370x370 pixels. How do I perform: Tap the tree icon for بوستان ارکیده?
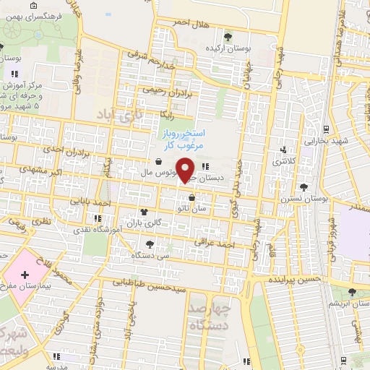click(228, 36)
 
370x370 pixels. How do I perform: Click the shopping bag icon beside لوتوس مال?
click(158, 162)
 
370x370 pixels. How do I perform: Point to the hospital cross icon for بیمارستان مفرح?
click(25, 275)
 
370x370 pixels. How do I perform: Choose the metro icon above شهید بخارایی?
click(327, 129)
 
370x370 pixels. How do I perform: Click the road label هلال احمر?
click(189, 24)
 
